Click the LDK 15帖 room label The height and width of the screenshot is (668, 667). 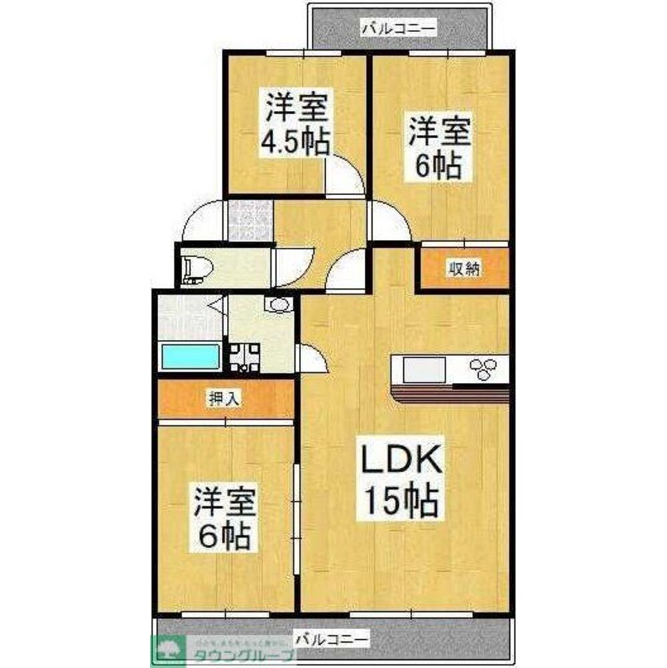400,481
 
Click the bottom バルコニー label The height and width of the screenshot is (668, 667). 330,638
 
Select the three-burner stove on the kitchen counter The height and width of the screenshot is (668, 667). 483,369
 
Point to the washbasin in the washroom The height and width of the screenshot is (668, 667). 277,305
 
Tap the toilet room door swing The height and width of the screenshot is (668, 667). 294,265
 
